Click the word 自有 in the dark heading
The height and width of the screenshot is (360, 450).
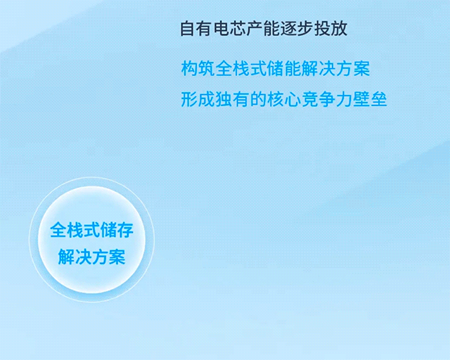196,28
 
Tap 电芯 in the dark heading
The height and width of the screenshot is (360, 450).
229,28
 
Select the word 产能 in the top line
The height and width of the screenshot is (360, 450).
263,28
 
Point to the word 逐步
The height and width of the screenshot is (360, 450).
297,28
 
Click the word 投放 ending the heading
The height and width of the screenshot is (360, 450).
330,28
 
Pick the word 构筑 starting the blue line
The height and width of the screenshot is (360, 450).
198,68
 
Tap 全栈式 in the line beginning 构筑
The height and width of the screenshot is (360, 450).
240,68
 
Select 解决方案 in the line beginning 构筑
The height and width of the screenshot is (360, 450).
335,68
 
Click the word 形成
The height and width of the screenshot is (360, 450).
198,100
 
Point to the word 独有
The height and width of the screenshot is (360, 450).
232,100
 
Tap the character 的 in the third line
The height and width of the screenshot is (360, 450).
258,100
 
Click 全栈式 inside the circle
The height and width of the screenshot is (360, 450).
75,230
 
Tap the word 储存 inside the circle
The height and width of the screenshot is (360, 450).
117,230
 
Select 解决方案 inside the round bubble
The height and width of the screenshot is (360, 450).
92,257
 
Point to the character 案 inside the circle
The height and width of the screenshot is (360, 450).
117,257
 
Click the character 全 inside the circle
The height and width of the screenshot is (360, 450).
58,230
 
